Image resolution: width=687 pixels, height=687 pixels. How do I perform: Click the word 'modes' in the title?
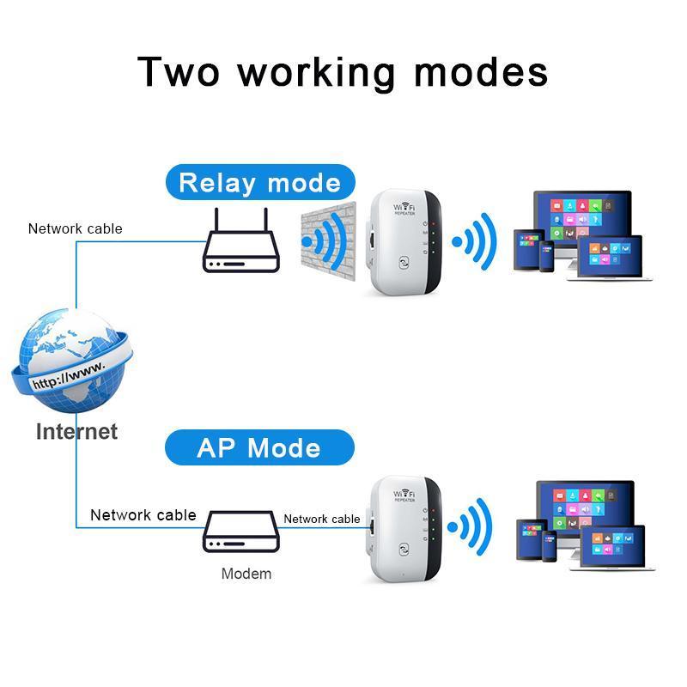(481, 71)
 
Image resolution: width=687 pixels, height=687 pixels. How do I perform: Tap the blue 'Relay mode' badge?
(259, 183)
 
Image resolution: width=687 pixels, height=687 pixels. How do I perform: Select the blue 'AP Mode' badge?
(258, 448)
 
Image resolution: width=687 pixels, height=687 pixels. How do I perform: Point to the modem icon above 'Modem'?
(241, 532)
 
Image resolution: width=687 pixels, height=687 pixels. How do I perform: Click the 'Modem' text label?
(246, 574)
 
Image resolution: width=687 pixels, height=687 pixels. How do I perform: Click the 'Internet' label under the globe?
(76, 431)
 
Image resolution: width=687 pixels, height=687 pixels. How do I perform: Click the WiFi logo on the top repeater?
(404, 210)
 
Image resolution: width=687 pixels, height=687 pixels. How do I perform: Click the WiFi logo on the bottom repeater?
(404, 495)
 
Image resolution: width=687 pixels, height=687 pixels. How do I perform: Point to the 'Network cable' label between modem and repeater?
(322, 519)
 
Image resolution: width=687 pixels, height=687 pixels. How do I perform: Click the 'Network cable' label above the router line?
(76, 228)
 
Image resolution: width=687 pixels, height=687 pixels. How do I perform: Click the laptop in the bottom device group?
(611, 546)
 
